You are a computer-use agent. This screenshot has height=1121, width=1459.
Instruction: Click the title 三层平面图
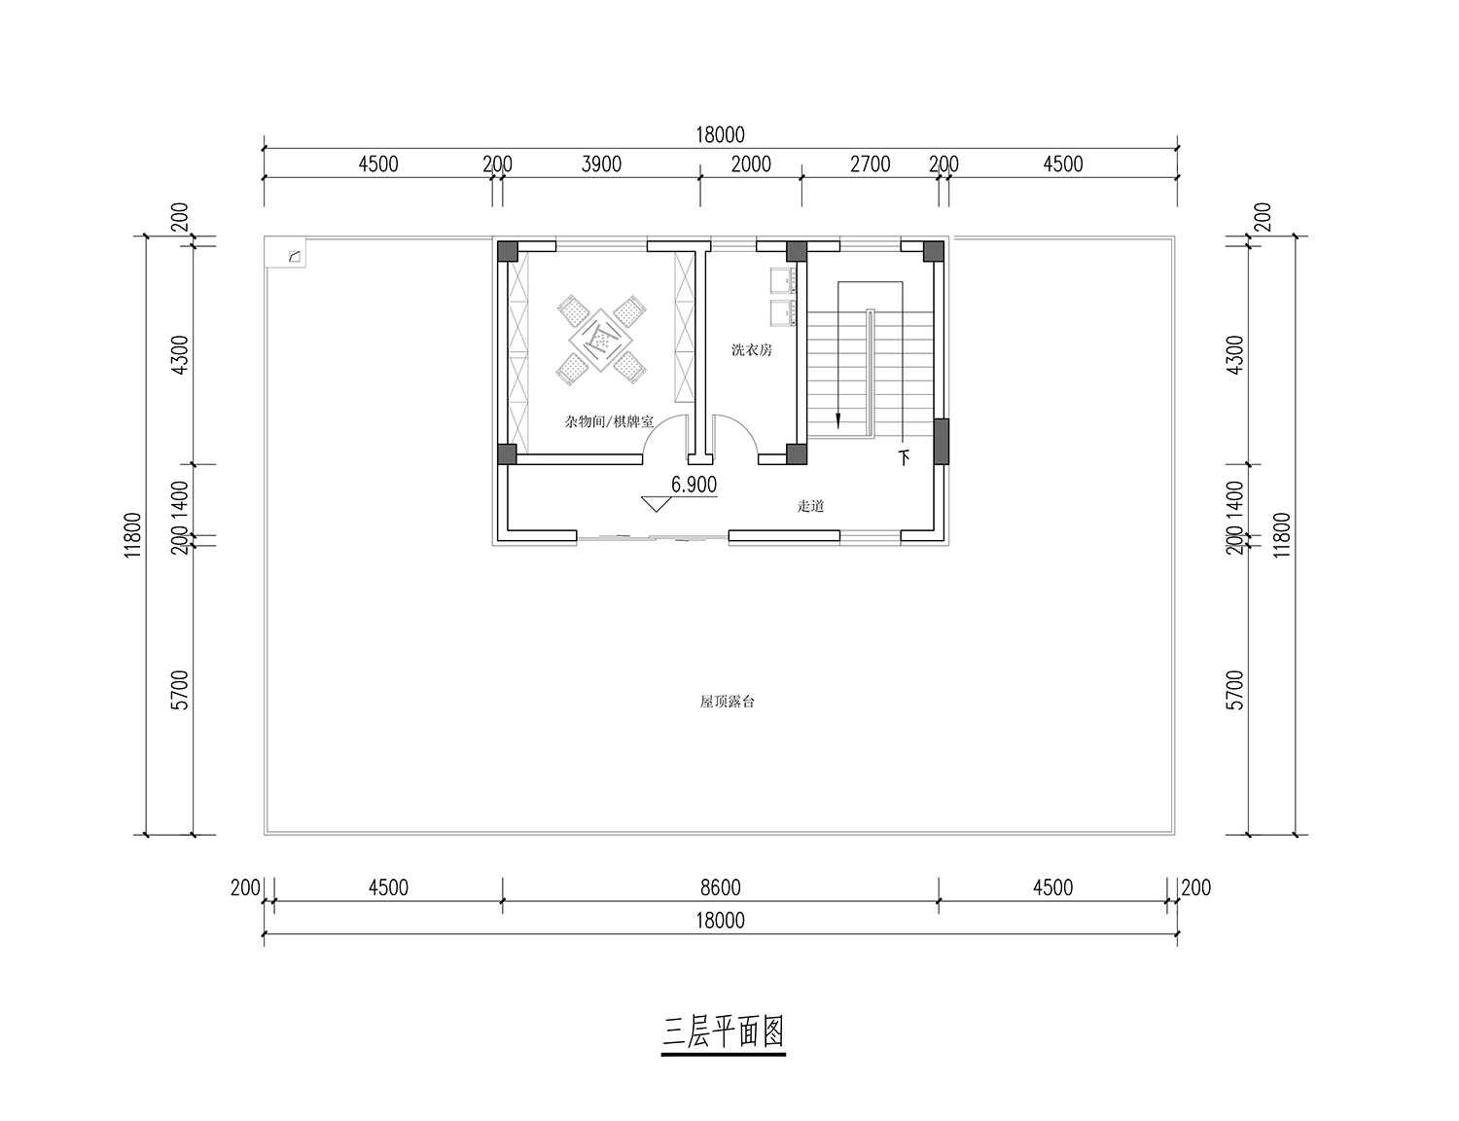723,1031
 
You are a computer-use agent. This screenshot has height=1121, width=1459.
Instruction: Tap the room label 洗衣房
751,350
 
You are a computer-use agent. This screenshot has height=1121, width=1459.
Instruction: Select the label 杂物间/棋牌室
609,421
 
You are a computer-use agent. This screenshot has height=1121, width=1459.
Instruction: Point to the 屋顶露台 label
728,702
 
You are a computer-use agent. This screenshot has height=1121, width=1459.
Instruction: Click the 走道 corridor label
810,506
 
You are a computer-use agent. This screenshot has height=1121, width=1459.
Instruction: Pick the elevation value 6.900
694,485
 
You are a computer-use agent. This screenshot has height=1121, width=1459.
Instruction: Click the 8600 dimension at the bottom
721,887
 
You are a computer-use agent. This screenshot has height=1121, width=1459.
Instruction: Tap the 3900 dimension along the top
601,163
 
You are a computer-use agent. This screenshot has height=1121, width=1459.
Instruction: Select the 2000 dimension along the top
751,163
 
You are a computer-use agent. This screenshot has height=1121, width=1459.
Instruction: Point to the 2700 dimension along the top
871,163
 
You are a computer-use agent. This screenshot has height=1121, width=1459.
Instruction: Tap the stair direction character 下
905,458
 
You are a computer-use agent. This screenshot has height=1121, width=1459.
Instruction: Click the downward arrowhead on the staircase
837,420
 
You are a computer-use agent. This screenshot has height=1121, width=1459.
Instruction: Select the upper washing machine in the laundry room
783,281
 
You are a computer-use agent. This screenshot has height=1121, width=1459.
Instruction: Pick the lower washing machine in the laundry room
783,314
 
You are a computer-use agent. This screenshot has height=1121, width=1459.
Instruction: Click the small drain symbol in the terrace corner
294,257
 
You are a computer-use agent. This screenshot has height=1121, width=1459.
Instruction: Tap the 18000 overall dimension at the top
721,135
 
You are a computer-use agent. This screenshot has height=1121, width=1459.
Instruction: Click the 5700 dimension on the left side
180,690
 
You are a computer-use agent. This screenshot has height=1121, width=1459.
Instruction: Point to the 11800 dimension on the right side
1282,535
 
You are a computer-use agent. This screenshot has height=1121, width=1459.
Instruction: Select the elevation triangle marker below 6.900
656,504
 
